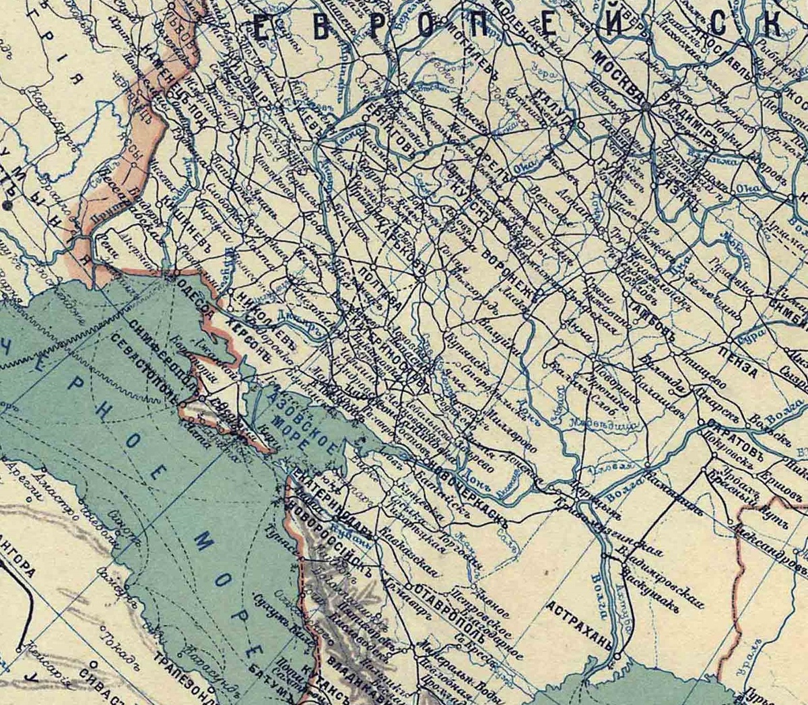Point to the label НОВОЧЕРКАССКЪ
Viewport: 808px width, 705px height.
tap(465, 483)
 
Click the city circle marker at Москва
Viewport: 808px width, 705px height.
tap(645, 106)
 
